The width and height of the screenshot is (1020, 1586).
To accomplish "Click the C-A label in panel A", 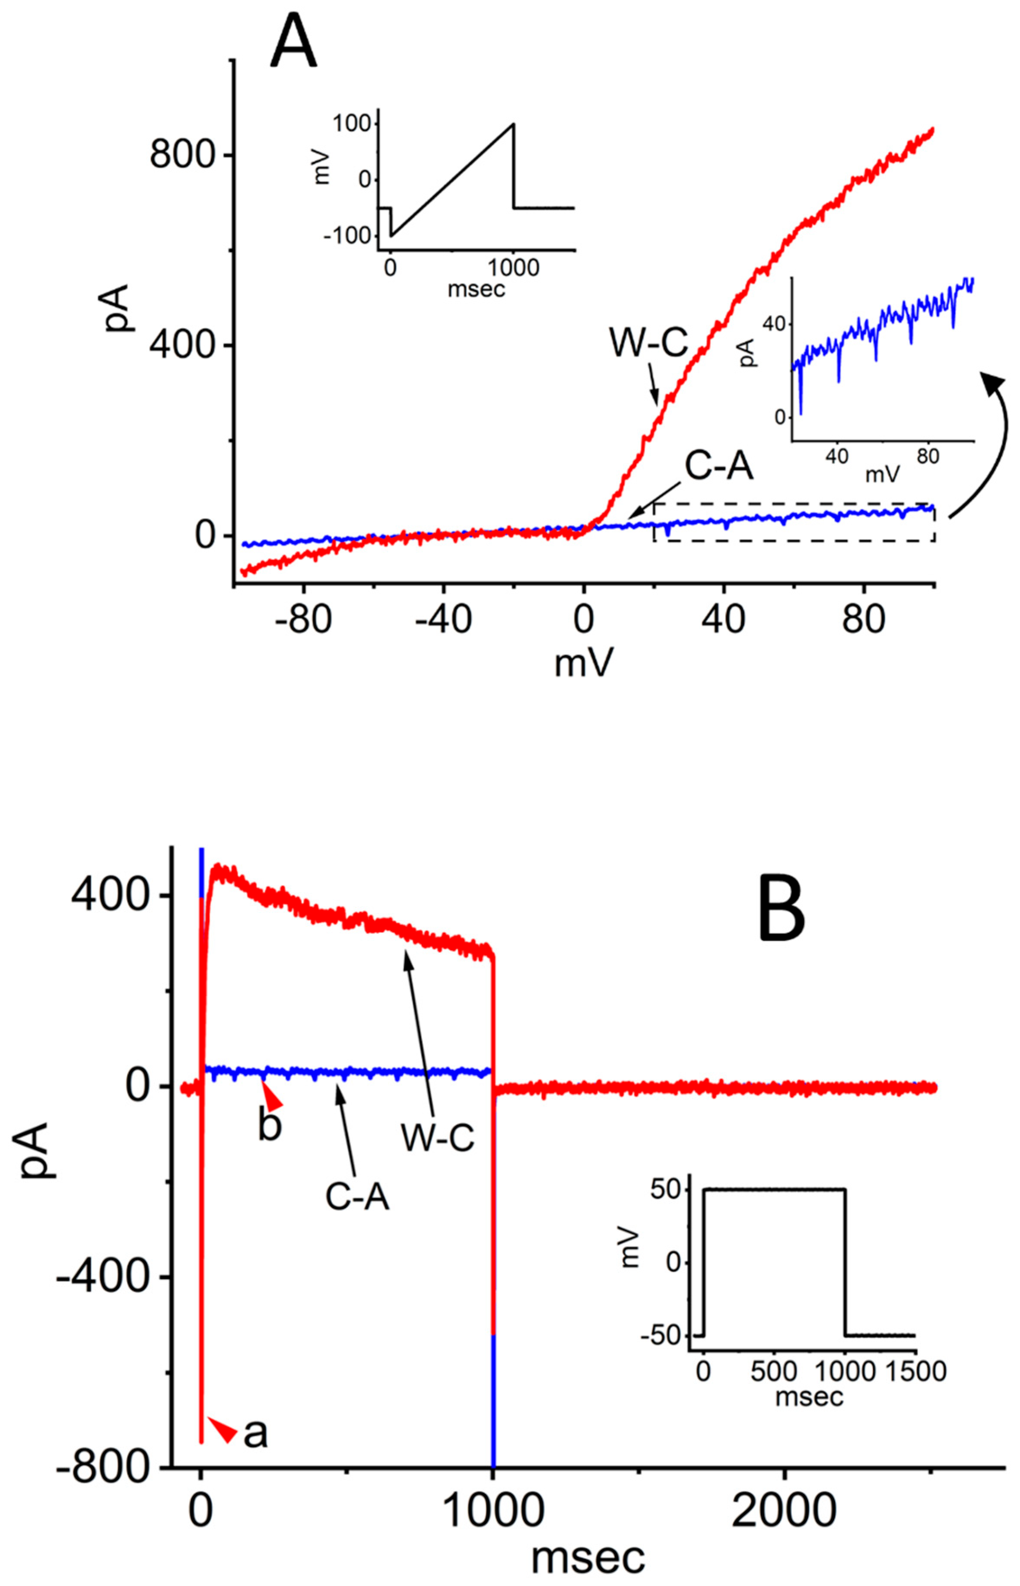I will click(x=718, y=468).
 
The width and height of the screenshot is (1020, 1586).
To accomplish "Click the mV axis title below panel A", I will click(x=583, y=663).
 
